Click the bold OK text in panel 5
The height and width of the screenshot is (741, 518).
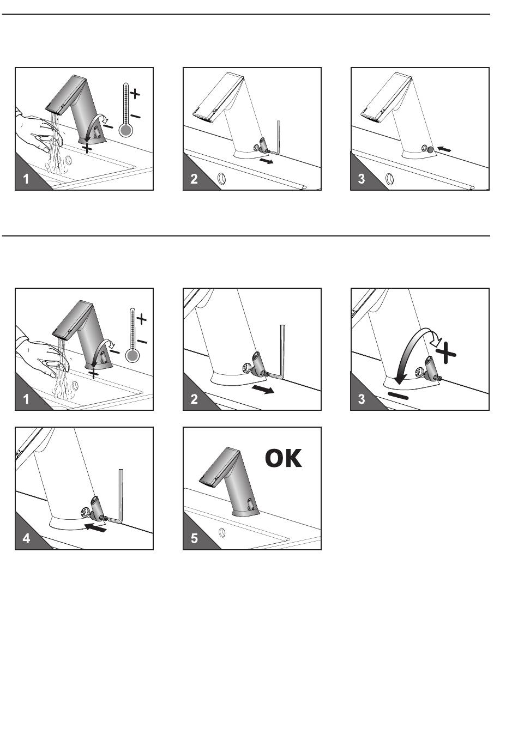click(x=284, y=458)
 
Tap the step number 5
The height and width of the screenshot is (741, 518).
click(x=194, y=538)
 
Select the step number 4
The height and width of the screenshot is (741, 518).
click(x=26, y=538)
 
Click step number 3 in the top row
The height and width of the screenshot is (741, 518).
click(x=362, y=179)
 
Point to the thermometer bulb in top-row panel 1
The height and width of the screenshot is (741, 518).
click(x=126, y=130)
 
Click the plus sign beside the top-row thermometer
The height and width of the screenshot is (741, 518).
click(x=135, y=94)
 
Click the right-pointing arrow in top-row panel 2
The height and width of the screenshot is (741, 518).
click(x=267, y=161)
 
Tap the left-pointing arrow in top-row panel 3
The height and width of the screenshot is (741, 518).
click(x=444, y=149)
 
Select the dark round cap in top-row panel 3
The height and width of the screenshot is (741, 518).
click(x=431, y=149)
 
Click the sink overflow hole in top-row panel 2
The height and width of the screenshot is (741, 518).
click(x=222, y=179)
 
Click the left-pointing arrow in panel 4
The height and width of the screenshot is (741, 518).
click(x=95, y=527)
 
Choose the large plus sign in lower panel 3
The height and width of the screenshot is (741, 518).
click(x=446, y=353)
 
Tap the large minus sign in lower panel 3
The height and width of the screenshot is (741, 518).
click(x=398, y=396)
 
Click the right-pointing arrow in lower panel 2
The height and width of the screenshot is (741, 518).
click(x=263, y=390)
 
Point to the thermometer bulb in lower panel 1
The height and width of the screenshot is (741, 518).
click(x=132, y=356)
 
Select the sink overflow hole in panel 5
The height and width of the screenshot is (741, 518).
click(x=222, y=532)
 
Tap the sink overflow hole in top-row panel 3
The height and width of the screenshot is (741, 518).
click(x=390, y=179)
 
